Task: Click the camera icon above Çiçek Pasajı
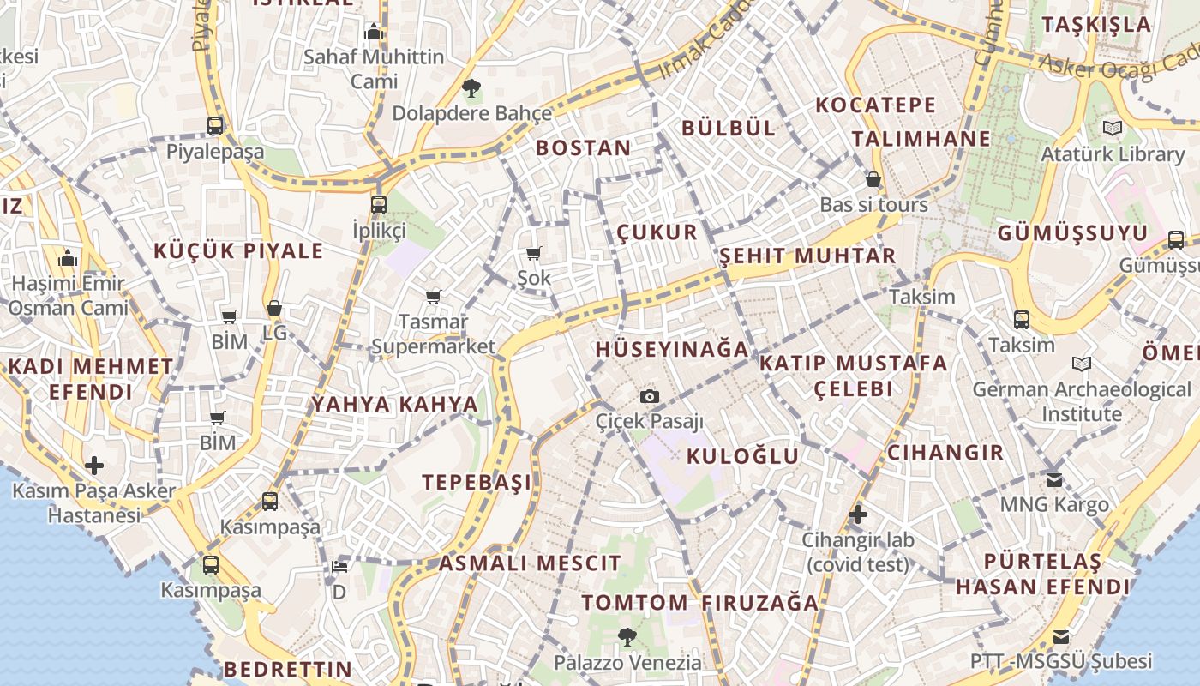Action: tap(650, 396)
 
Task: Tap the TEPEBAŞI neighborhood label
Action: tap(477, 482)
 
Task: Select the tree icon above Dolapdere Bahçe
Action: tap(471, 87)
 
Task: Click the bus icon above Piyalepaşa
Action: tap(215, 126)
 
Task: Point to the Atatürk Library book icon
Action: tap(1113, 129)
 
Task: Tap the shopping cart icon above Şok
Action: tap(534, 253)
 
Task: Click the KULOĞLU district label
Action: tap(743, 455)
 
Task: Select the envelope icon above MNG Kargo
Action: tap(1054, 479)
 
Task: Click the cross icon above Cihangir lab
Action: tap(858, 514)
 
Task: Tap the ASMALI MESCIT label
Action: tap(530, 563)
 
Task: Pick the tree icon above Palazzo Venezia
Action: tap(627, 636)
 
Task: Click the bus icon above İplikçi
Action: tap(379, 205)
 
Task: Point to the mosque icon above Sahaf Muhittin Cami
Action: tap(374, 32)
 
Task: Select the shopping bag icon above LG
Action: tap(274, 308)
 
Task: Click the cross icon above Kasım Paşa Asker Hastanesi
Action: tap(94, 466)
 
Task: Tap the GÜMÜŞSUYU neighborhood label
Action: tap(1072, 232)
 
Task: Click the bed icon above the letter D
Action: tap(339, 567)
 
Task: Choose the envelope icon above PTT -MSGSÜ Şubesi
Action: tap(1061, 636)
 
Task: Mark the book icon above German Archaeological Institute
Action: tap(1082, 364)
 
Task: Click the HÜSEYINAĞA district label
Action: tap(672, 349)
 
